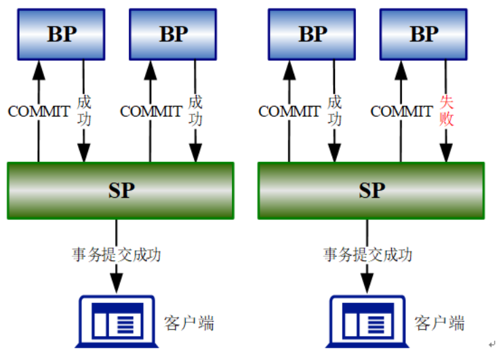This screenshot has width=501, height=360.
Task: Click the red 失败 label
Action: (446, 111)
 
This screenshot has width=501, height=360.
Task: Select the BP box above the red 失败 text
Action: (424, 33)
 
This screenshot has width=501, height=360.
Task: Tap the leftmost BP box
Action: (61, 33)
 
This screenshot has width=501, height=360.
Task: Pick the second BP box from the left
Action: (173, 33)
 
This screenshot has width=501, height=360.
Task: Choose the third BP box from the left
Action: (313, 33)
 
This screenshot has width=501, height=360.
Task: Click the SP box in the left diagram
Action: (120, 191)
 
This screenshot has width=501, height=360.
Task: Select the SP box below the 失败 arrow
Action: (371, 191)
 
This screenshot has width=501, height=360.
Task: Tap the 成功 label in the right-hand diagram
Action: (334, 111)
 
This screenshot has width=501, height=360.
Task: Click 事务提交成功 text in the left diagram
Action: (117, 255)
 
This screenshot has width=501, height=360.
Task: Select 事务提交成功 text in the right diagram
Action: (367, 255)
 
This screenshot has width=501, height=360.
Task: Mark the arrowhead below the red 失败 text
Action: (446, 152)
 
